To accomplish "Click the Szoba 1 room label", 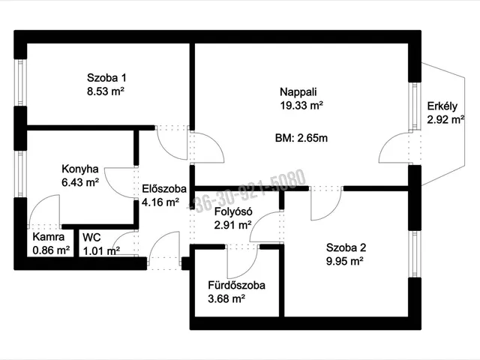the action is [106, 78].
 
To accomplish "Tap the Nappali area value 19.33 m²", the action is [301, 106].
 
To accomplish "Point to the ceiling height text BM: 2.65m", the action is [301, 138].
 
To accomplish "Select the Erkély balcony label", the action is [442, 106].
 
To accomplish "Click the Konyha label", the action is [80, 169].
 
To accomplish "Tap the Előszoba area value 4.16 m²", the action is [160, 202].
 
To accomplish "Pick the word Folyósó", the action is [233, 211].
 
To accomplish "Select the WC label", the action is [91, 238].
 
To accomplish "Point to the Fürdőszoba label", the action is [237, 285].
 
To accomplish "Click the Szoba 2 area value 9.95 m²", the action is [345, 262].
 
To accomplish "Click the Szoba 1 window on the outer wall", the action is [20, 82].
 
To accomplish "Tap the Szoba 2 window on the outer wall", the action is [415, 253].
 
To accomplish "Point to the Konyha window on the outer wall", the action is [20, 174].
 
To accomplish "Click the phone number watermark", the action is [247, 190].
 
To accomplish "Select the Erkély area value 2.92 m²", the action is [445, 120].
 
